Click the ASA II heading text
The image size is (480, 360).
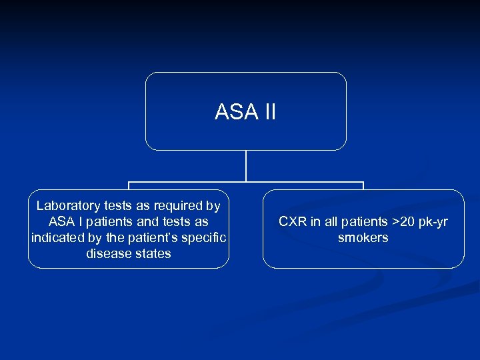coord(245,112)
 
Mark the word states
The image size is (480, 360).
coord(154,254)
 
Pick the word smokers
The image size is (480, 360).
coord(363,238)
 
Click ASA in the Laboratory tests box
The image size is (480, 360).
coord(62,222)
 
